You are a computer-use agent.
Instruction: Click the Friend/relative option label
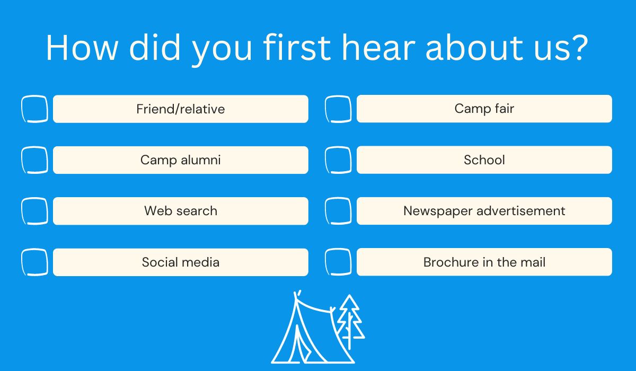click(181, 109)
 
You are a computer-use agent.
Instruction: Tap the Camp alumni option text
click(181, 160)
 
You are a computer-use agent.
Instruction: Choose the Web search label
click(181, 211)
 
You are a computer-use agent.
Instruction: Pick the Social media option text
click(181, 262)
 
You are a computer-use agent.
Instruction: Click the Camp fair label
click(484, 109)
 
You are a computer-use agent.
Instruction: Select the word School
click(484, 160)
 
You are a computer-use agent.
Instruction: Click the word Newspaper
click(438, 211)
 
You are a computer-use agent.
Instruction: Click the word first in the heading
click(297, 47)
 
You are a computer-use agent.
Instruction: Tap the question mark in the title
click(579, 48)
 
